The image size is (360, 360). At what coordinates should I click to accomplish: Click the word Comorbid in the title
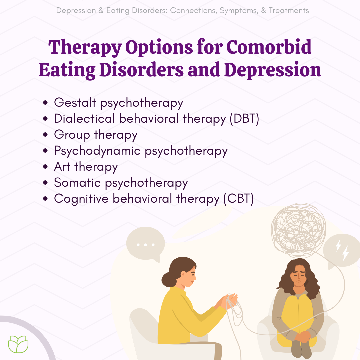(269, 47)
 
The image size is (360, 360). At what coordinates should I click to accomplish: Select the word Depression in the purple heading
(273, 70)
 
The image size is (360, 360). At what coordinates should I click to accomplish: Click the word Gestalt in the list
(75, 102)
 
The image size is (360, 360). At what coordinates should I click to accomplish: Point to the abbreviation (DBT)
(245, 119)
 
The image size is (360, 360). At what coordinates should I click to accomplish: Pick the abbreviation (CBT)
(239, 199)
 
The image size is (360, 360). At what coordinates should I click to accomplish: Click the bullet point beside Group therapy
(45, 135)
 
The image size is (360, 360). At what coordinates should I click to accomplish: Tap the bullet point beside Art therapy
(45, 167)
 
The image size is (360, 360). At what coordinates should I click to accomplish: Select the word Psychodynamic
(97, 151)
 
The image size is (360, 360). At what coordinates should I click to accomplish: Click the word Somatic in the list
(77, 183)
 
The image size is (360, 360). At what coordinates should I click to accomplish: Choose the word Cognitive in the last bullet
(81, 199)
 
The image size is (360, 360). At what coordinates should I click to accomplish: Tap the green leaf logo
(18, 344)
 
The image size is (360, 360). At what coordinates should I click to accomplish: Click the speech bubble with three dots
(146, 244)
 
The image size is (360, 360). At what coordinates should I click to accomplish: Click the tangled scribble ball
(298, 230)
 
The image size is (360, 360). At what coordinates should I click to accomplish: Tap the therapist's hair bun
(169, 279)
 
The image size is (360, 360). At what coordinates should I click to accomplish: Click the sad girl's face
(299, 276)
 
